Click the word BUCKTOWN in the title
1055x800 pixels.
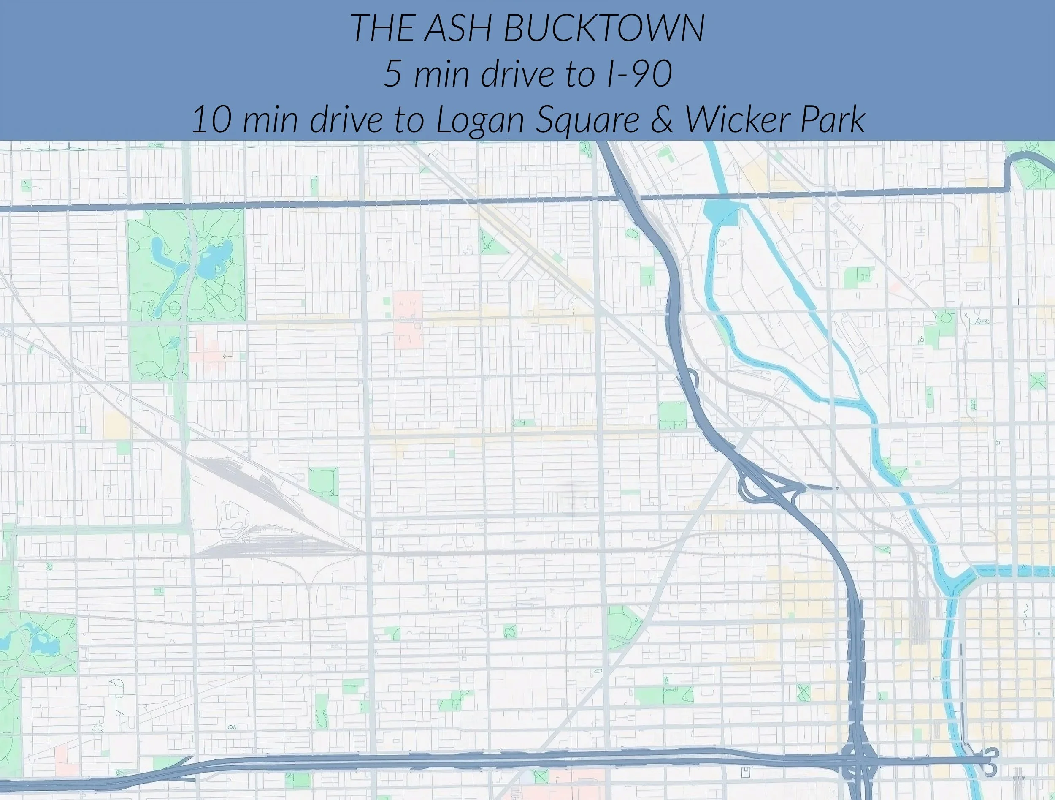603,28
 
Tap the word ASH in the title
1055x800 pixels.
457,28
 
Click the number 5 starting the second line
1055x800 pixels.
392,73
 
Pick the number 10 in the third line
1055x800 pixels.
212,120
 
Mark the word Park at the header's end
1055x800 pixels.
833,120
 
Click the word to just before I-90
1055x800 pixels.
582,73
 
